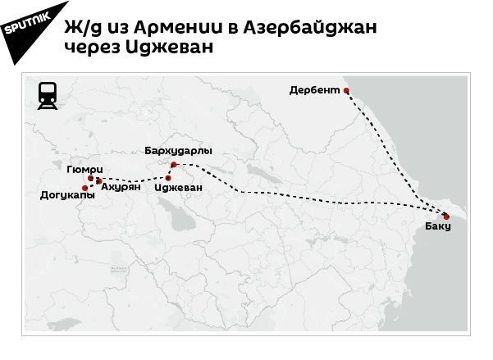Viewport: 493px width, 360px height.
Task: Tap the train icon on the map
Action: (48, 97)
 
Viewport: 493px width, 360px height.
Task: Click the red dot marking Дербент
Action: (346, 90)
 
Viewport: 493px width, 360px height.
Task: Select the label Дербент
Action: (314, 90)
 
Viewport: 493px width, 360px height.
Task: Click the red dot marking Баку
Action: (446, 216)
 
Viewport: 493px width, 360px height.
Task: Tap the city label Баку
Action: (438, 226)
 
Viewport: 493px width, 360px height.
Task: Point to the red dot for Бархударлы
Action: (174, 165)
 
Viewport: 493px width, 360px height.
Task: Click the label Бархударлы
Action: (178, 152)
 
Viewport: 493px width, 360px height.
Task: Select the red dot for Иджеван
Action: (168, 178)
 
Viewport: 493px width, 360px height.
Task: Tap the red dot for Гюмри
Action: (90, 177)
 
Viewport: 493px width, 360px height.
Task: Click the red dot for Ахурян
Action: (99, 181)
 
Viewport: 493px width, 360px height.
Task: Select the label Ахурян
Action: (121, 187)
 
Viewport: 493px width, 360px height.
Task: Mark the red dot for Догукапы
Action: (85, 189)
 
